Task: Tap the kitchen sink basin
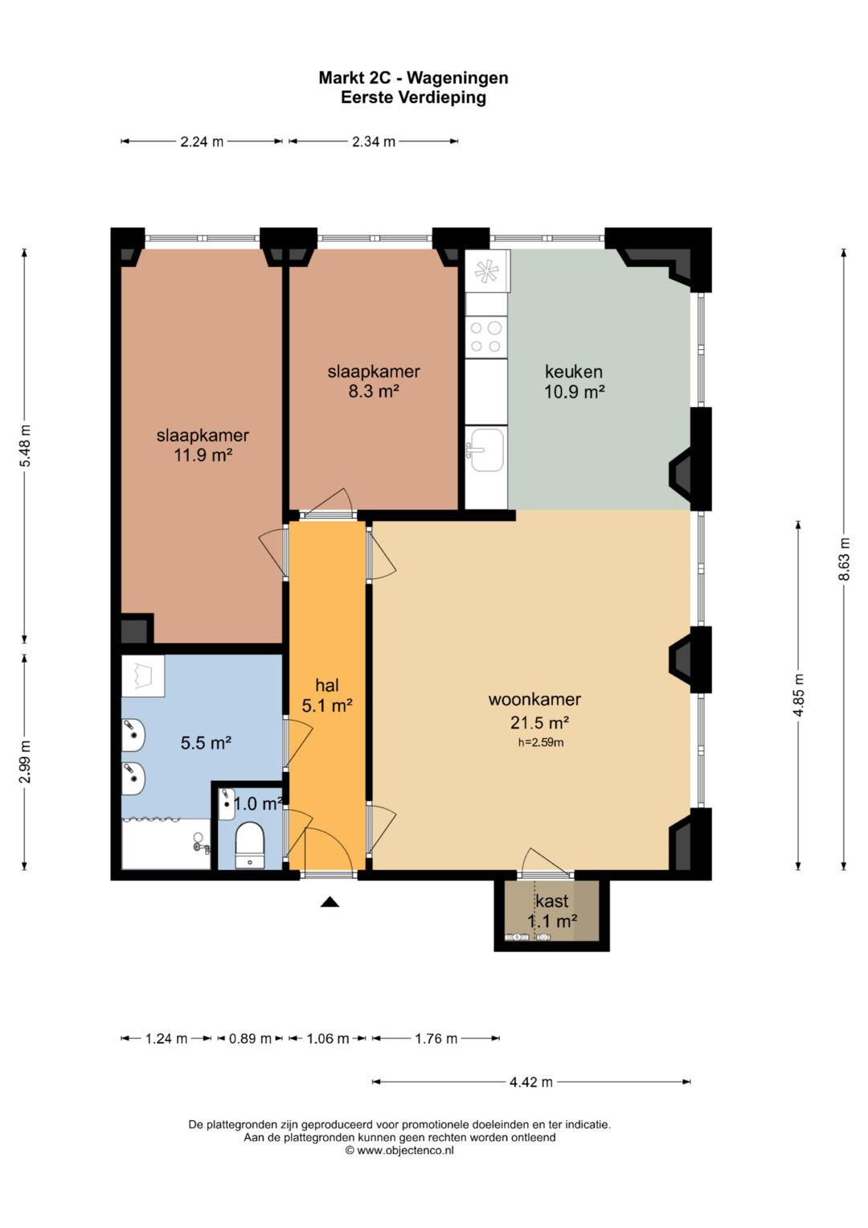[x=486, y=450]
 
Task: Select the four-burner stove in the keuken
[x=486, y=337]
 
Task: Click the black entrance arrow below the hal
[x=330, y=901]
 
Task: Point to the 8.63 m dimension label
[x=845, y=559]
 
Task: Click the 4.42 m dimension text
[x=531, y=1082]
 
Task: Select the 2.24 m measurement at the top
[x=202, y=142]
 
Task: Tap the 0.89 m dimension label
[x=250, y=1038]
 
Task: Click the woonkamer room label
[x=534, y=699]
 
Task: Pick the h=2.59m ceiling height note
[x=541, y=743]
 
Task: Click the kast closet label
[x=552, y=901]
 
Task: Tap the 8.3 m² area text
[x=374, y=392]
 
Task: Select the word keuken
[x=574, y=372]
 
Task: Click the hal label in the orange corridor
[x=327, y=684]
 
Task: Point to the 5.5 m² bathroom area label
[x=206, y=743]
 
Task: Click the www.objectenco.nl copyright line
[x=399, y=1151]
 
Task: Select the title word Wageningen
[x=457, y=78]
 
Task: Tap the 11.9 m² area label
[x=203, y=454]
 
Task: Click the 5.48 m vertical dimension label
[x=25, y=446]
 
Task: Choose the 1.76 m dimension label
[x=436, y=1038]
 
